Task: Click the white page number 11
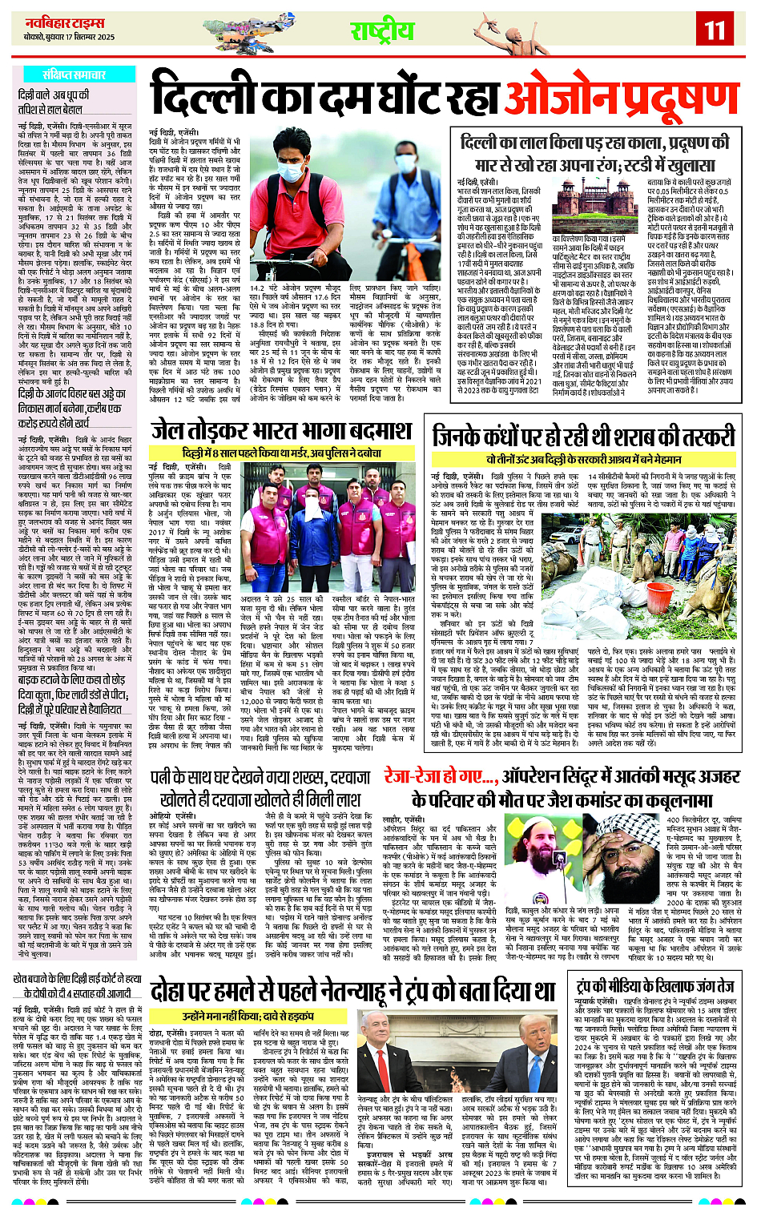pyautogui.click(x=715, y=30)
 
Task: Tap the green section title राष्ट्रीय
pyautogui.click(x=382, y=30)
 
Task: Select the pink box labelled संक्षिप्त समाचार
pyautogui.click(x=74, y=74)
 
